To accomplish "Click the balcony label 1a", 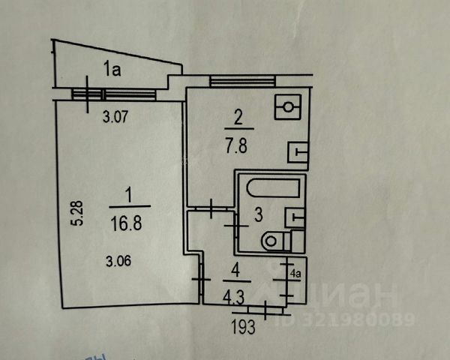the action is (112, 70).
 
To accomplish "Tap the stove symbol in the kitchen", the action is (289, 108).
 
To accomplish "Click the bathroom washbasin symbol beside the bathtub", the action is (294, 218).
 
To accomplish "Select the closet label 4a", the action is (296, 274).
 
